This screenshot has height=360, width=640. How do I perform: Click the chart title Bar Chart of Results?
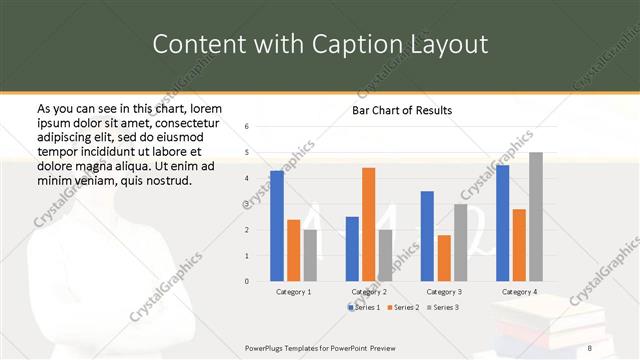coord(402,110)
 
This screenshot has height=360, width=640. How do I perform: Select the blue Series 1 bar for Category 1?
coord(277,226)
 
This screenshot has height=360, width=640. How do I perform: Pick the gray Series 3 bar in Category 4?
coord(536,216)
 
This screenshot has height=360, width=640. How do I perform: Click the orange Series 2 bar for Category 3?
coord(443,258)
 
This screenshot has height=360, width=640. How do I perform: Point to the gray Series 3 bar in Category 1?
coord(310,255)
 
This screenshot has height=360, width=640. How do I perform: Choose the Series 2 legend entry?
coord(404,307)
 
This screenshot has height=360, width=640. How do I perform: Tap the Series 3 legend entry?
coord(442,307)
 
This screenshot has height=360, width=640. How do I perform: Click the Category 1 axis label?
coord(294,291)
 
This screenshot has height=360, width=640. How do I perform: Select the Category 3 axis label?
coord(443,291)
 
